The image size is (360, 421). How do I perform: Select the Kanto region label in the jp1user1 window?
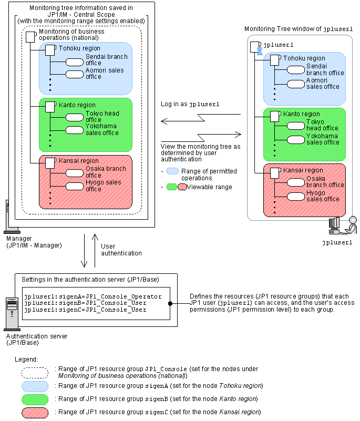[301, 114]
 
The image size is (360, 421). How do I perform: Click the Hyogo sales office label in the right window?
[323, 196]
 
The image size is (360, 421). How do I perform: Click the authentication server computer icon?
[11, 313]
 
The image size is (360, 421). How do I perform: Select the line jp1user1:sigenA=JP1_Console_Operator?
[92, 296]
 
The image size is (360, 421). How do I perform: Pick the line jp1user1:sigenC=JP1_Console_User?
[85, 310]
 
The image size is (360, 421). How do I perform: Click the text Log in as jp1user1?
[190, 105]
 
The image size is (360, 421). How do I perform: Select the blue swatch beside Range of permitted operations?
[172, 171]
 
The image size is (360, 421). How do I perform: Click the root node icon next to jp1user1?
[254, 46]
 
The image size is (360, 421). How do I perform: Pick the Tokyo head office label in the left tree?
[102, 117]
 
